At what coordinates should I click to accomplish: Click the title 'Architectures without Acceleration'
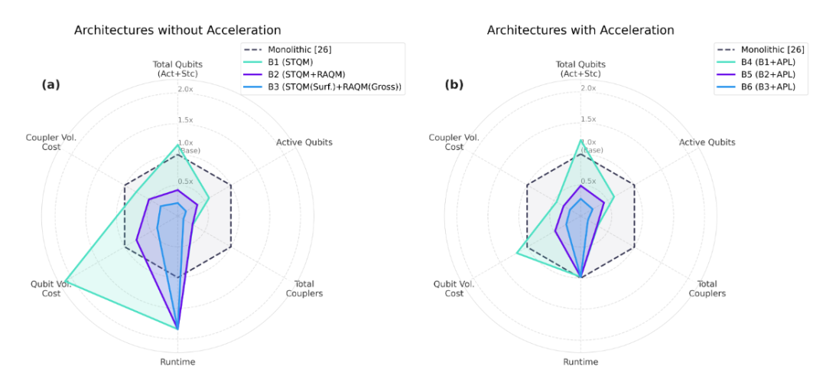tap(177, 31)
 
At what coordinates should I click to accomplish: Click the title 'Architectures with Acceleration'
tap(580, 31)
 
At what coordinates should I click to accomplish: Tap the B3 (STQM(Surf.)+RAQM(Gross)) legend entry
tap(337, 87)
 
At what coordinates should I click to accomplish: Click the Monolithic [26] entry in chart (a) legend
tap(298, 50)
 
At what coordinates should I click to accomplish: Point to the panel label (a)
tap(50, 85)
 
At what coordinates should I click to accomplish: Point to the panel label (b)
tap(454, 85)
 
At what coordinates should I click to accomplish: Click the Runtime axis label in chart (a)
tap(177, 361)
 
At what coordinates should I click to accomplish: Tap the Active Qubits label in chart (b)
tap(707, 142)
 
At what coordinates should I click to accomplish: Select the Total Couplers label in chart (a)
tap(304, 289)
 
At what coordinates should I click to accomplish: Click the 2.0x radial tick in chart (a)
tap(186, 89)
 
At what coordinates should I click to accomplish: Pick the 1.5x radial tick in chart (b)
tap(588, 119)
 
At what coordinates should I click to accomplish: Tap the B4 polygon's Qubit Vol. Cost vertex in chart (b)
tap(517, 254)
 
